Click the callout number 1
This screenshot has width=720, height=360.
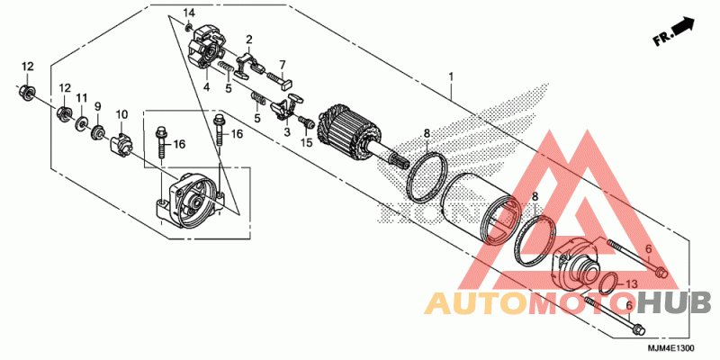click(x=449, y=78)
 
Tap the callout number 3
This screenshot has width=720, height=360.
click(x=286, y=132)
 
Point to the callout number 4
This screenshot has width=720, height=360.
click(x=205, y=87)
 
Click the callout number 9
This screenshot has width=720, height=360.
click(x=98, y=107)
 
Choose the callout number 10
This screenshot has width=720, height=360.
click(x=121, y=114)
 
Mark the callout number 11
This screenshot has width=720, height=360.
click(x=81, y=97)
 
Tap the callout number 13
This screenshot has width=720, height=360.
click(x=631, y=283)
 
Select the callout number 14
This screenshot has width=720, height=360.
click(x=189, y=12)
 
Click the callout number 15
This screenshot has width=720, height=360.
click(x=306, y=142)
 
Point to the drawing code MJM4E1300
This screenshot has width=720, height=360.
click(x=670, y=347)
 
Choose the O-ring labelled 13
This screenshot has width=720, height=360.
click(x=607, y=283)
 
